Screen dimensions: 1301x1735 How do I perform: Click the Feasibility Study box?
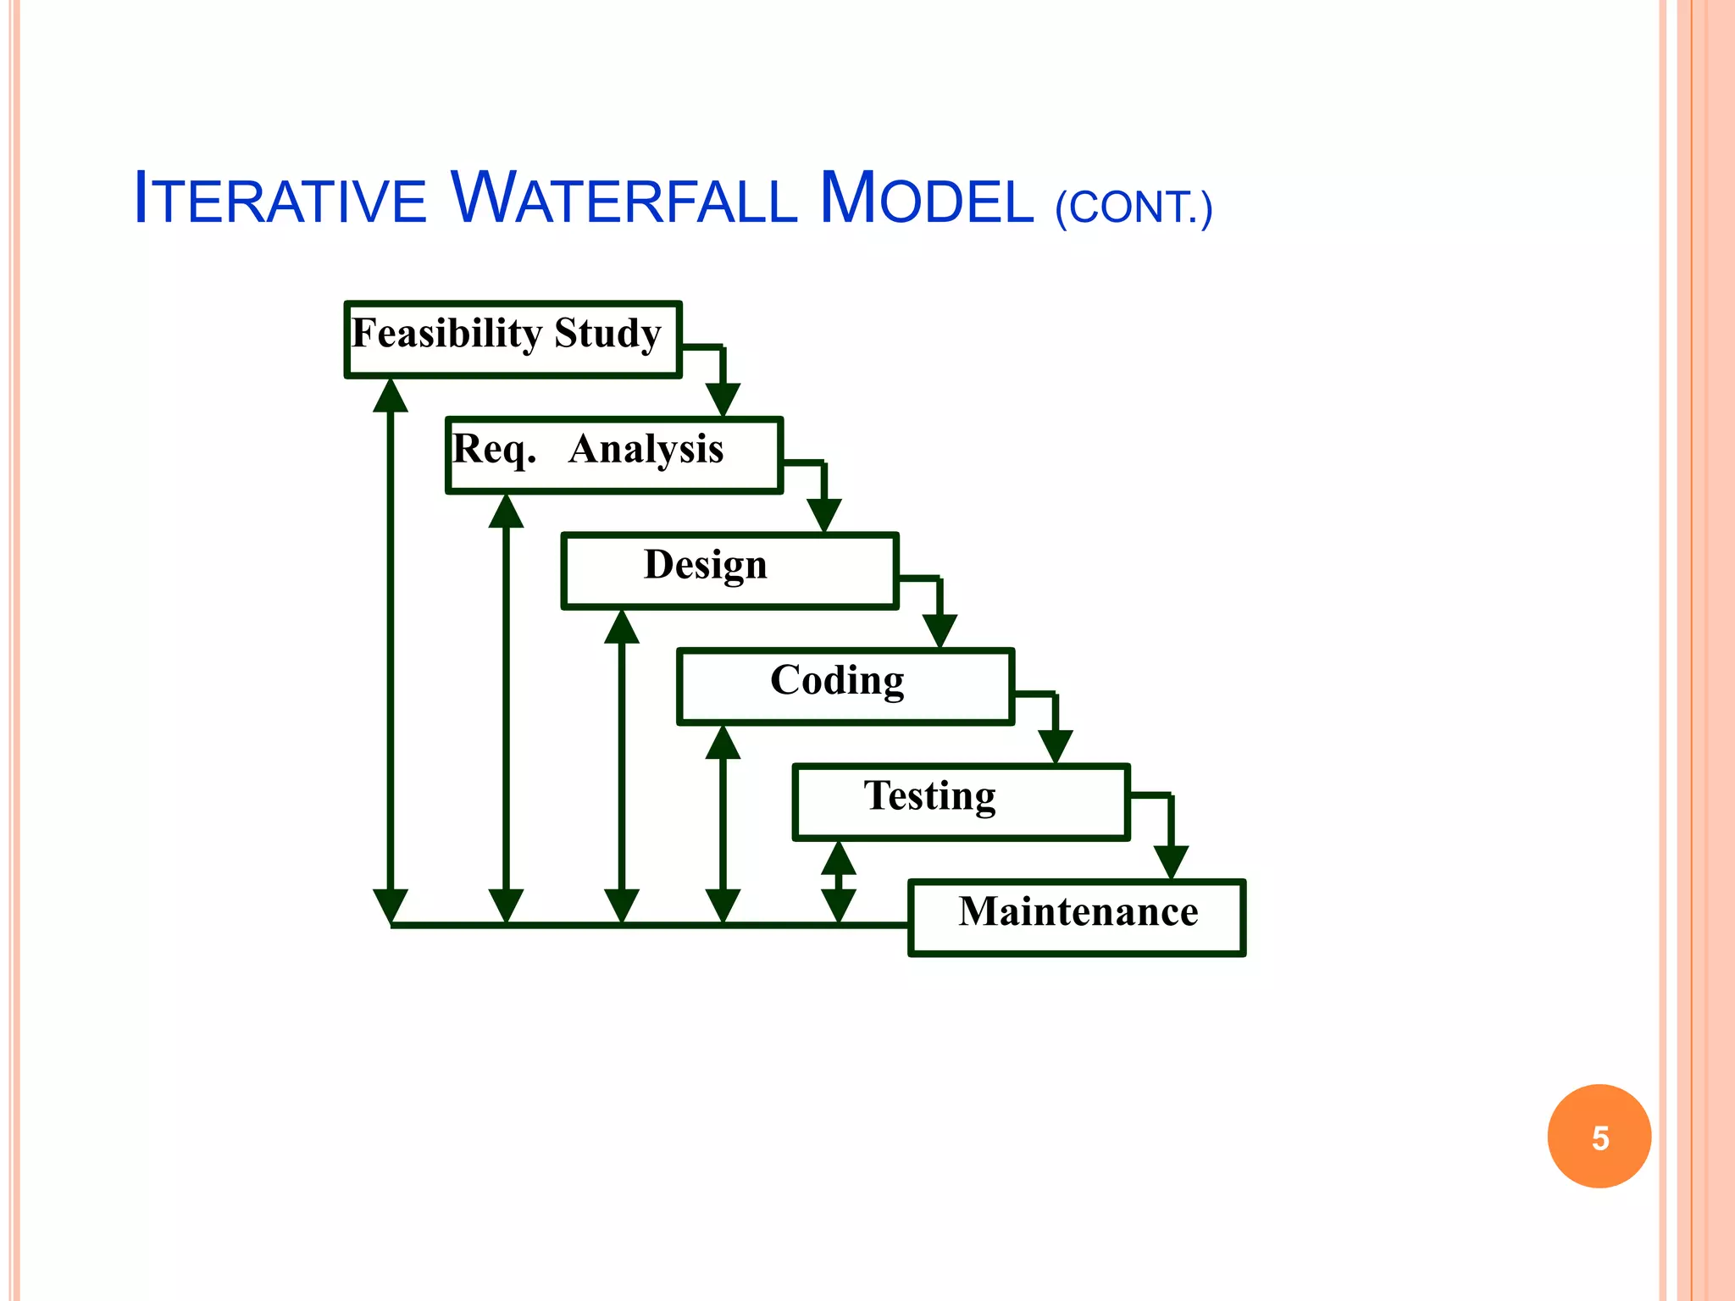[513, 339]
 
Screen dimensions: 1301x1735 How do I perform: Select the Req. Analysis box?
[614, 455]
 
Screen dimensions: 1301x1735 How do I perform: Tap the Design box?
[729, 570]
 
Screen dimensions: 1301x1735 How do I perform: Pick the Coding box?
[845, 686]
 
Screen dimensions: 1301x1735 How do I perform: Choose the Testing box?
[961, 802]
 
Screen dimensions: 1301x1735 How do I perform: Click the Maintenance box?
[1077, 917]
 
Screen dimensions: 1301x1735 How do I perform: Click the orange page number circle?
[1599, 1136]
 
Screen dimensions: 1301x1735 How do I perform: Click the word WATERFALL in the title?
[622, 199]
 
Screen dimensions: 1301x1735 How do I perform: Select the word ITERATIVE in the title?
[280, 199]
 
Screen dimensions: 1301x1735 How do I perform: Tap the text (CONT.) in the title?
[1134, 208]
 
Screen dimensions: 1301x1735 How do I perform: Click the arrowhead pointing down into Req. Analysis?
[723, 399]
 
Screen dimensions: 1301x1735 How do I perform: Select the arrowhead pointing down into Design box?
[824, 515]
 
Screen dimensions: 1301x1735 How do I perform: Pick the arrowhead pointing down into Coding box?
[940, 630]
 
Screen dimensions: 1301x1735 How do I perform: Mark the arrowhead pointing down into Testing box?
[1056, 746]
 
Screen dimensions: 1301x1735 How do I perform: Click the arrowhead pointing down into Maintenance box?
[1171, 861]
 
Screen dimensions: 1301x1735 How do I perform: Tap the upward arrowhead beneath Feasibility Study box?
[391, 396]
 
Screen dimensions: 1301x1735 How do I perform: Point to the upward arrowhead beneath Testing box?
[839, 858]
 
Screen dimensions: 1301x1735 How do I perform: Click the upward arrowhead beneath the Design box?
[622, 628]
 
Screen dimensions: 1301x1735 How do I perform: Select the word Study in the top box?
[607, 333]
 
